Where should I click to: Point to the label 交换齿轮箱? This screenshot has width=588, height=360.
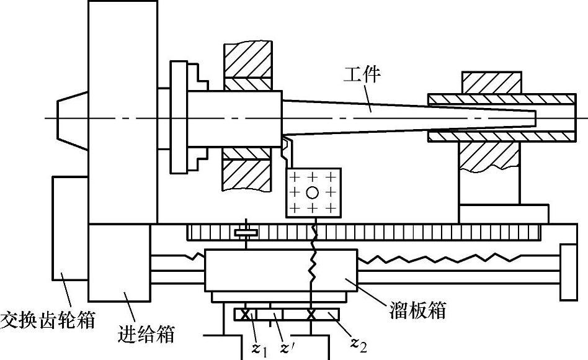click(x=49, y=320)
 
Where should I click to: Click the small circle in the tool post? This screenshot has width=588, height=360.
click(x=313, y=191)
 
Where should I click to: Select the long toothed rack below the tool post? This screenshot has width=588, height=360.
click(x=366, y=233)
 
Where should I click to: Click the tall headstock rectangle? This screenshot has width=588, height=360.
click(x=122, y=112)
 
